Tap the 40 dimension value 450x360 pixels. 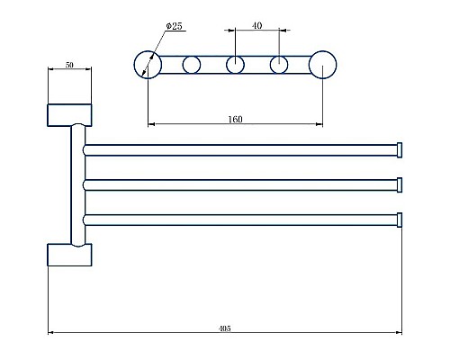(x=256, y=26)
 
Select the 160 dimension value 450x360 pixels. (x=235, y=119)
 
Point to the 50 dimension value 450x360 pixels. (x=69, y=66)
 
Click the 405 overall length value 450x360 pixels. (x=224, y=329)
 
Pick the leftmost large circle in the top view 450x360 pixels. (x=147, y=64)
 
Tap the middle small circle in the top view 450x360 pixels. (x=235, y=64)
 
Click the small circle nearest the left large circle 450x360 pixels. (x=191, y=64)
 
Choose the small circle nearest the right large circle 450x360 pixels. (x=279, y=64)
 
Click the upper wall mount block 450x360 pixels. (x=69, y=114)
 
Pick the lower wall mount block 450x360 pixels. (x=69, y=254)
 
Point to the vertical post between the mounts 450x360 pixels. (x=72, y=184)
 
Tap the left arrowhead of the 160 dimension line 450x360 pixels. (x=149, y=123)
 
